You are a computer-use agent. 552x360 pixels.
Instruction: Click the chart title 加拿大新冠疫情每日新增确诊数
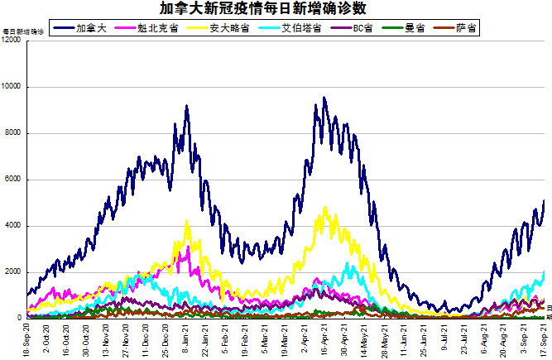(x=276, y=9)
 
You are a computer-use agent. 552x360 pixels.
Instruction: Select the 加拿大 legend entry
(x=86, y=28)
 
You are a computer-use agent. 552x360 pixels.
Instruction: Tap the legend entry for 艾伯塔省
(x=290, y=28)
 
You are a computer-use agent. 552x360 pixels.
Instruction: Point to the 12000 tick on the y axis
(x=11, y=41)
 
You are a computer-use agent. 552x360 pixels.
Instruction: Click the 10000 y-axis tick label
(x=11, y=87)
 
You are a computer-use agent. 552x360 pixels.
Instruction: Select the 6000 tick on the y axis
(x=12, y=180)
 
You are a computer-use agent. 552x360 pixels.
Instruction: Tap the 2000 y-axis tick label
(x=12, y=272)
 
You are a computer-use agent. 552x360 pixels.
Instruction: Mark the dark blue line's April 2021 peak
(x=324, y=98)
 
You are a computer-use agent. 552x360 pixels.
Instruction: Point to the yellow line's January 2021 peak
(x=188, y=221)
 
